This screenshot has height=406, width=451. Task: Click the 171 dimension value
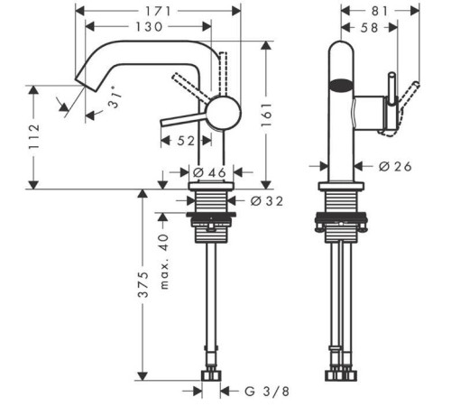click(x=158, y=12)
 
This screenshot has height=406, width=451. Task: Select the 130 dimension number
click(x=149, y=27)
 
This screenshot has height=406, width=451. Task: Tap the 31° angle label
click(x=115, y=97)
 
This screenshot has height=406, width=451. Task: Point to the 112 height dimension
click(x=34, y=136)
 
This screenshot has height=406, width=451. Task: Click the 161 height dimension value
click(x=266, y=115)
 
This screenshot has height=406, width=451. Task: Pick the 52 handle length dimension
click(x=186, y=141)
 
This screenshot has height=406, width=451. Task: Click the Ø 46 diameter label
click(x=209, y=172)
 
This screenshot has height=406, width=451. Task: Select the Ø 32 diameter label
click(x=267, y=201)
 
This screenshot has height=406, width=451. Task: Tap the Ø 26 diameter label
click(x=395, y=166)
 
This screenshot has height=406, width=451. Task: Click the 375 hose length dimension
click(x=143, y=284)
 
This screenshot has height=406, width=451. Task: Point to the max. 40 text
click(x=164, y=262)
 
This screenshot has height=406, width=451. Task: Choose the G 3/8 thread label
click(x=267, y=392)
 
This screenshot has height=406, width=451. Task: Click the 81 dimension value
click(x=380, y=12)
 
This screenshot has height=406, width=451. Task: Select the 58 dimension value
click(x=369, y=28)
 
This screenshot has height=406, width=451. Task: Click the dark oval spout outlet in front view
click(x=341, y=86)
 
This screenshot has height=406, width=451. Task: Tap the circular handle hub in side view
click(x=225, y=113)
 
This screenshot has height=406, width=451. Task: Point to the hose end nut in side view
click(x=211, y=375)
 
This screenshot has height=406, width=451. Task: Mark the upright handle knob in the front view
click(x=391, y=89)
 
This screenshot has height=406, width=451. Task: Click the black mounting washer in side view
click(x=211, y=215)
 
